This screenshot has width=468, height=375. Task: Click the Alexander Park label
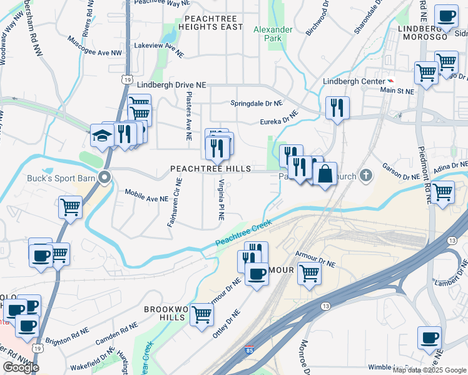273,34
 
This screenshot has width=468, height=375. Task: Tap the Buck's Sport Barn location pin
106,176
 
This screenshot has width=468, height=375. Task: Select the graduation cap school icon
101,135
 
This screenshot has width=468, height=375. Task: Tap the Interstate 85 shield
249,352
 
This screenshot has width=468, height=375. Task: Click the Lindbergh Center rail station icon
392,81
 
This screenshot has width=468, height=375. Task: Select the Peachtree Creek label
243,235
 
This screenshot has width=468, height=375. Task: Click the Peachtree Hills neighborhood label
211,169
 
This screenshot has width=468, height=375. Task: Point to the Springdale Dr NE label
257,102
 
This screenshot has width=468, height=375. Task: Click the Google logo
21,367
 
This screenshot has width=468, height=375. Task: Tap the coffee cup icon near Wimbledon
429,338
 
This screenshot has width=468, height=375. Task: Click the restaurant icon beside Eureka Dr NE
337,108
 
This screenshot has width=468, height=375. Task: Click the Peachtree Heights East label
210,23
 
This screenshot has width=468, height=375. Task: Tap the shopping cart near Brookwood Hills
201,314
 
